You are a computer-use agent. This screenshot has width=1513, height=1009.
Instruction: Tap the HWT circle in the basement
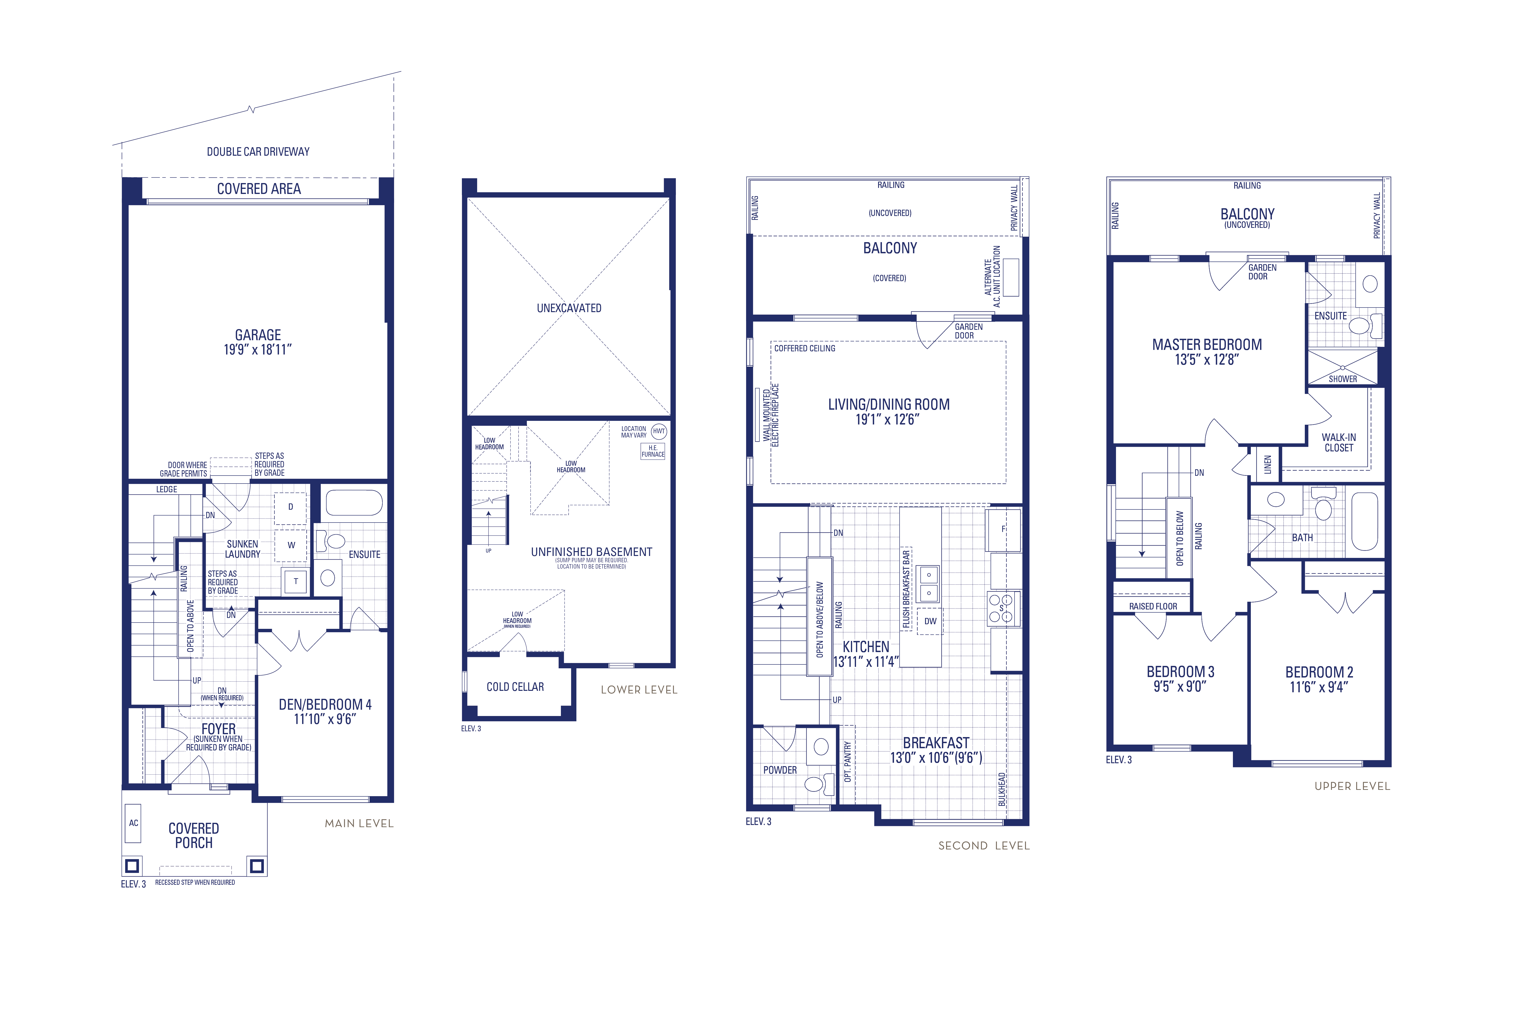[x=659, y=431]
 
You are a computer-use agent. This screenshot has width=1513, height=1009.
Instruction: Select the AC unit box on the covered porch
[x=133, y=823]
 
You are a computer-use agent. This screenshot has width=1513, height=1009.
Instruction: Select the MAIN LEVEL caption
[x=359, y=823]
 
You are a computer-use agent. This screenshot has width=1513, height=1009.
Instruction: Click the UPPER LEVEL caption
[x=1352, y=786]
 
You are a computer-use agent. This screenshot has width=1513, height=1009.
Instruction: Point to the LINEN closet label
[x=1267, y=464]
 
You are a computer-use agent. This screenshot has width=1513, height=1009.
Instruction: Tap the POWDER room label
[x=780, y=770]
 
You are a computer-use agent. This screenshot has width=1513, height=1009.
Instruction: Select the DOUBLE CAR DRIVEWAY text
[x=258, y=152]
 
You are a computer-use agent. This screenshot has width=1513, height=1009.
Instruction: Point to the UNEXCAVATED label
[x=569, y=308]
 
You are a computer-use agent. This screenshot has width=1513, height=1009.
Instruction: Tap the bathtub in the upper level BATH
[x=1364, y=521]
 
